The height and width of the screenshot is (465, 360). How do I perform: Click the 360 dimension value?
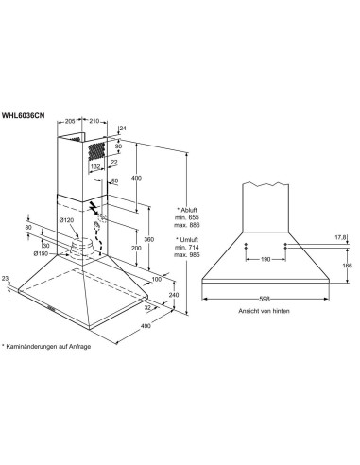tap(148, 239)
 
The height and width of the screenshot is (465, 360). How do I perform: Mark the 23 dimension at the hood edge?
tap(6, 278)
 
